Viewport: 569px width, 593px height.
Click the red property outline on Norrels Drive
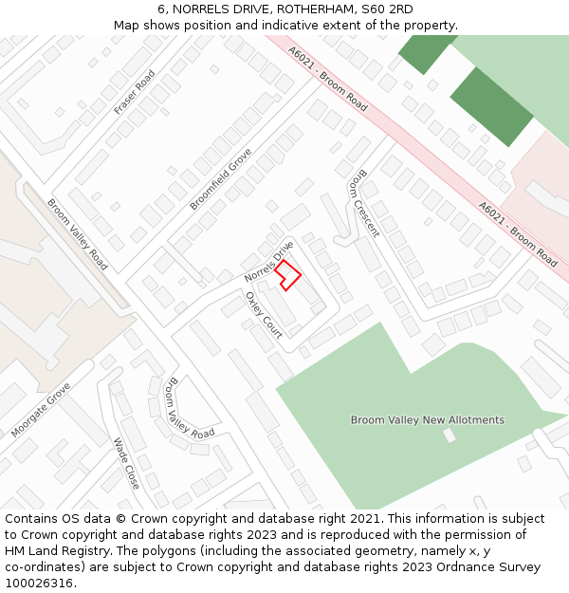pyautogui.click(x=289, y=274)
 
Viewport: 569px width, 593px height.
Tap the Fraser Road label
pyautogui.click(x=135, y=93)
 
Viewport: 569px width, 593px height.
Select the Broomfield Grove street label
pyautogui.click(x=221, y=178)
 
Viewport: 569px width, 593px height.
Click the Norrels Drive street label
pyautogui.click(x=269, y=261)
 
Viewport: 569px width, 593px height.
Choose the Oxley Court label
pyautogui.click(x=264, y=314)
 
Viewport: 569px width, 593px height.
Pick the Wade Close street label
pyautogui.click(x=126, y=463)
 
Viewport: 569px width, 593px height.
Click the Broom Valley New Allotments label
pyautogui.click(x=428, y=419)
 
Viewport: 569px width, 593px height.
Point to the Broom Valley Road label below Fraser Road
pyautogui.click(x=77, y=233)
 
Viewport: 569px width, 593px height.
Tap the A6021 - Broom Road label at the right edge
pyautogui.click(x=518, y=233)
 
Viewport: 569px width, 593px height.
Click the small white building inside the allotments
pyautogui.click(x=450, y=435)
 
